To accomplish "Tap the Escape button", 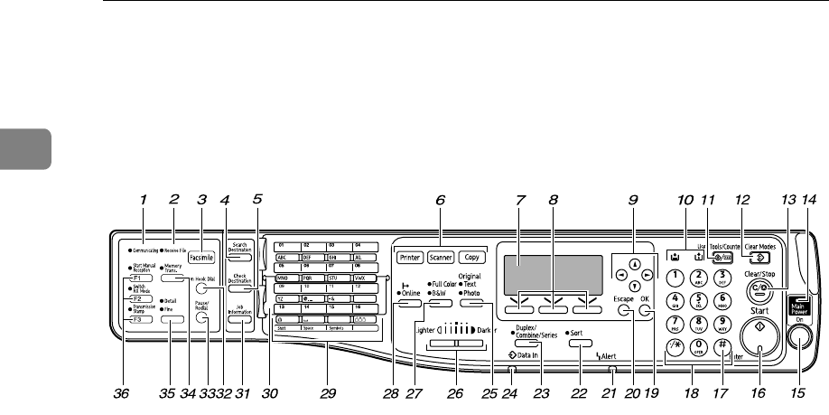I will [624, 311].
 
